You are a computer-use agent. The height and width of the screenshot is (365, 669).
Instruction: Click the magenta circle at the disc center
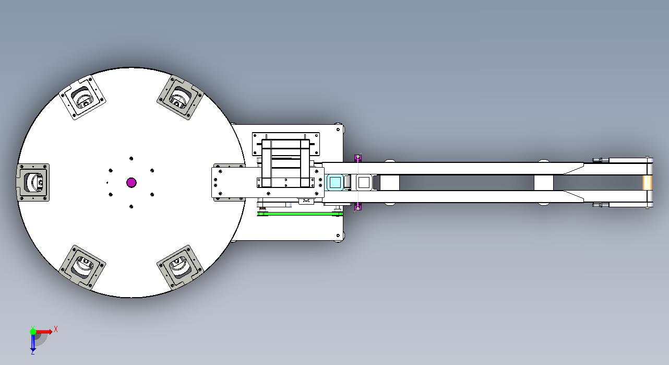132,182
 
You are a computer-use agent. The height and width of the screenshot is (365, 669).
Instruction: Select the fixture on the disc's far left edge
33,182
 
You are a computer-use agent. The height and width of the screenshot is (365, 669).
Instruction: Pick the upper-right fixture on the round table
180,98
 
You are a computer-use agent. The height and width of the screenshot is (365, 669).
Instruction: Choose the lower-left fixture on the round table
82,267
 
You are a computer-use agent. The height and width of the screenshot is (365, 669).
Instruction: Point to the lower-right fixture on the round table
180,267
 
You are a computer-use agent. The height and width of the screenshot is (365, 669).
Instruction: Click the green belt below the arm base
300,214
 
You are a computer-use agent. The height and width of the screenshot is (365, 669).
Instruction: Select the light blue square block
335,182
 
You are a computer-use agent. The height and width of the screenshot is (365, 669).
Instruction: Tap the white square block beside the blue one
364,182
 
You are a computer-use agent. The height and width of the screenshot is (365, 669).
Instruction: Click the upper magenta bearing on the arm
358,158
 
